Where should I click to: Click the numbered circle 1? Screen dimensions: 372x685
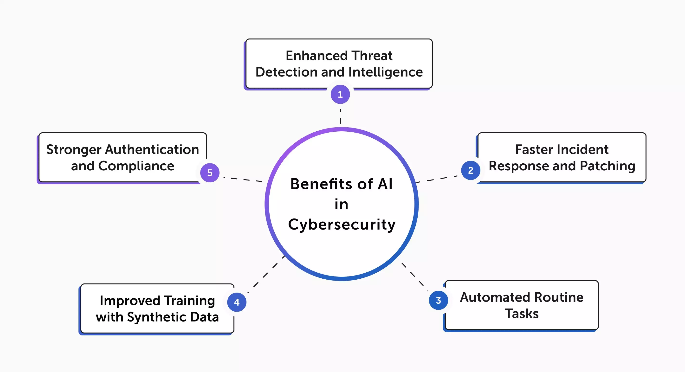point(340,94)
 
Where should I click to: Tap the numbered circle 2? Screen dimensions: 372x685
point(471,170)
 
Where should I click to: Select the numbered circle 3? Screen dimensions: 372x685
point(439,300)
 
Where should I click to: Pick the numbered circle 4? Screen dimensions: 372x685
point(237,302)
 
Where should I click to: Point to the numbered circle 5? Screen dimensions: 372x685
point(210,173)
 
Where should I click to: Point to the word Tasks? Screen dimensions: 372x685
point(522,314)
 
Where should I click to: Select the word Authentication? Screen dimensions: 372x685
point(152,149)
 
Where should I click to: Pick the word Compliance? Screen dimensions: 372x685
point(136,166)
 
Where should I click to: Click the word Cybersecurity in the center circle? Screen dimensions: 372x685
point(342,224)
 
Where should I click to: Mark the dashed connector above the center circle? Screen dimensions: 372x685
point(340,116)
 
